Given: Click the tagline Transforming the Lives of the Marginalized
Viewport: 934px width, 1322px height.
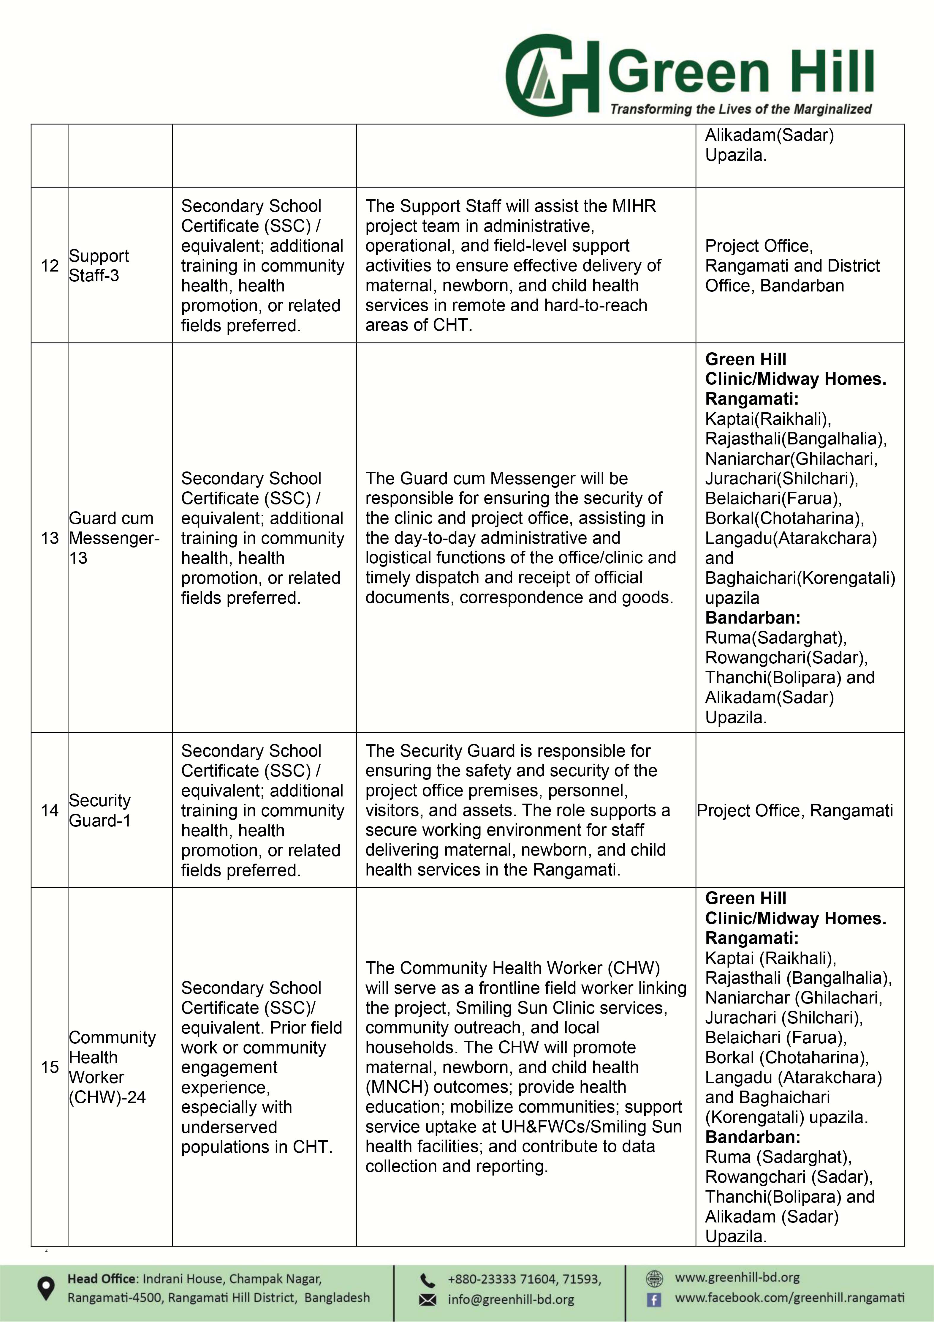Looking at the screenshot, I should (x=741, y=109).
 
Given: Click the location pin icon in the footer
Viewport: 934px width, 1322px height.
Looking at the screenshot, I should (x=45, y=1289).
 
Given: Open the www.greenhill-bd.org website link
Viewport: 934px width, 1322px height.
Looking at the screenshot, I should (x=737, y=1278).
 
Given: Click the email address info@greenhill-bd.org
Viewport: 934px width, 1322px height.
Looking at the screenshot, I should (x=511, y=1299).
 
